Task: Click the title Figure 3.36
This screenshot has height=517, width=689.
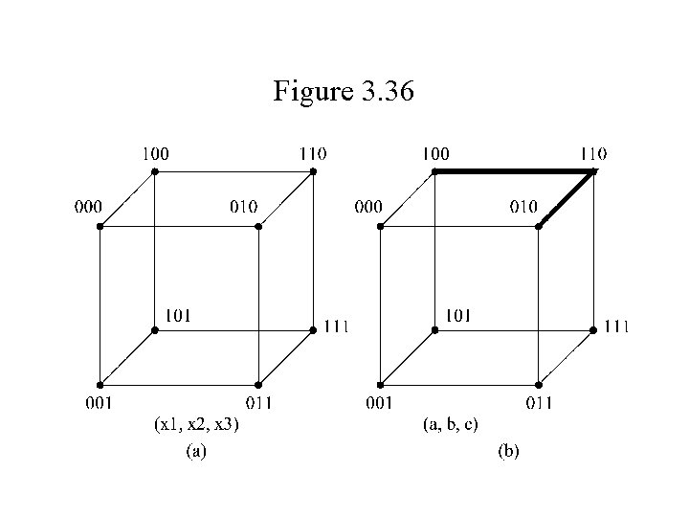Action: pos(344,92)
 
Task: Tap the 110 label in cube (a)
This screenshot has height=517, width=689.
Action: pos(312,153)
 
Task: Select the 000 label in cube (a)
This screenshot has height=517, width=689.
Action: pos(91,206)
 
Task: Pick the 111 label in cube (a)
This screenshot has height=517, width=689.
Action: pos(335,326)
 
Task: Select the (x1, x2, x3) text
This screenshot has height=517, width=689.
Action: pos(196,425)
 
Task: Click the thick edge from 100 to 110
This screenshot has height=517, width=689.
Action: pos(513,171)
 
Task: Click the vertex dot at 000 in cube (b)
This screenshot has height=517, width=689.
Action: pos(380,227)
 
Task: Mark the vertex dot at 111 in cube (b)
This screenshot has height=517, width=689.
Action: pos(593,329)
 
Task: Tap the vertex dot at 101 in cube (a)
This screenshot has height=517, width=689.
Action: pos(155,329)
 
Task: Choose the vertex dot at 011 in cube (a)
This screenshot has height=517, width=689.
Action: pos(258,384)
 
